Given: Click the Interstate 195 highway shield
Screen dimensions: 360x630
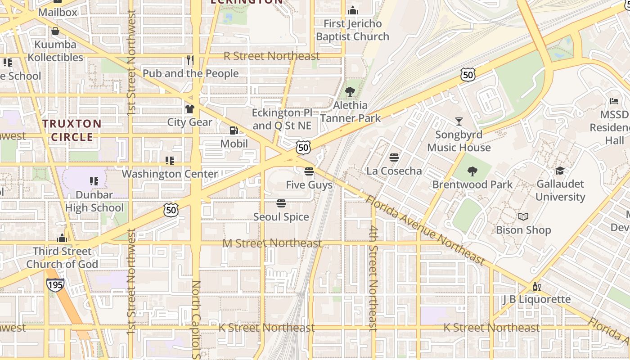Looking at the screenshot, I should [55, 284].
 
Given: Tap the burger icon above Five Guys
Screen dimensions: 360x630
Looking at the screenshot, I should [309, 171].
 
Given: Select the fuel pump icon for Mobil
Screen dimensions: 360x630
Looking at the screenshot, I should [234, 130].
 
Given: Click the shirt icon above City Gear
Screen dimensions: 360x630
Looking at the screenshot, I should [190, 109].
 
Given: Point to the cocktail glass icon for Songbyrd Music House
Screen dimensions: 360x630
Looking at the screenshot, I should [459, 121].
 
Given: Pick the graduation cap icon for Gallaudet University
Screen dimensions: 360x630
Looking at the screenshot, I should [560, 171].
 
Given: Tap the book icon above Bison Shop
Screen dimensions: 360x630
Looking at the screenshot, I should [523, 217].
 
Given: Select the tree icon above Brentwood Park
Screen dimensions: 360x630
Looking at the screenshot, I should [472, 171].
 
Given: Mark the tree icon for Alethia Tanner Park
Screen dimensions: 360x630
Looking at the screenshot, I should [350, 92].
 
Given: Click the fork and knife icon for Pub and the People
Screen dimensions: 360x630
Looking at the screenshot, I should [190, 60].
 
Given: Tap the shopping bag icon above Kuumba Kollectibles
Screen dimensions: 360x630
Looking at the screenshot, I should [55, 31].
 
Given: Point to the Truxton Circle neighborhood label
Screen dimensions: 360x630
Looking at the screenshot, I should [72, 130].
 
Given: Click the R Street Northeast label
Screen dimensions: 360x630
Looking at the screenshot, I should [271, 56].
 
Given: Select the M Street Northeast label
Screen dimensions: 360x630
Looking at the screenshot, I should [272, 243].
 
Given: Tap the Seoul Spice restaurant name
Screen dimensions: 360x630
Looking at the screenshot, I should [281, 217].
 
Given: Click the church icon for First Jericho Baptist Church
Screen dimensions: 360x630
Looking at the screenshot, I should [353, 10].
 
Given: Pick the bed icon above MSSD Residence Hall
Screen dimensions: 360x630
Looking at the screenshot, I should [614, 101].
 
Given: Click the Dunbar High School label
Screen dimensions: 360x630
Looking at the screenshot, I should [94, 201].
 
